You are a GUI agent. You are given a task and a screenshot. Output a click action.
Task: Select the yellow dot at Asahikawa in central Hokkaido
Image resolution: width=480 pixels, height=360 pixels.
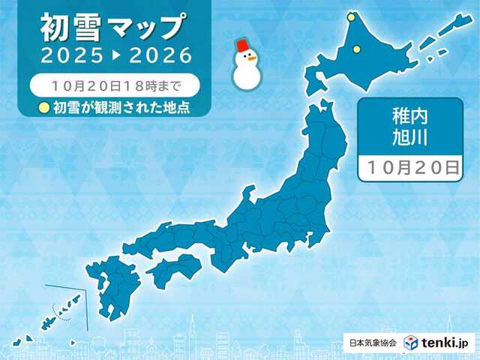(x=356, y=49)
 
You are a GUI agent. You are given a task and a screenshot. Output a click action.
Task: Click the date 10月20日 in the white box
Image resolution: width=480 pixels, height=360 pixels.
(x=409, y=168)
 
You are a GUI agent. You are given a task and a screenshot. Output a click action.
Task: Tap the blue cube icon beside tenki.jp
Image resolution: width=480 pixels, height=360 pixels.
(x=411, y=342)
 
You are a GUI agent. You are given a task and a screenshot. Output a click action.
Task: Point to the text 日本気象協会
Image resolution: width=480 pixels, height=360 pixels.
(x=373, y=343)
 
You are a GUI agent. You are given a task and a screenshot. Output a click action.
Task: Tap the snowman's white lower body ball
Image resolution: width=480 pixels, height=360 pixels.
(x=246, y=73)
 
